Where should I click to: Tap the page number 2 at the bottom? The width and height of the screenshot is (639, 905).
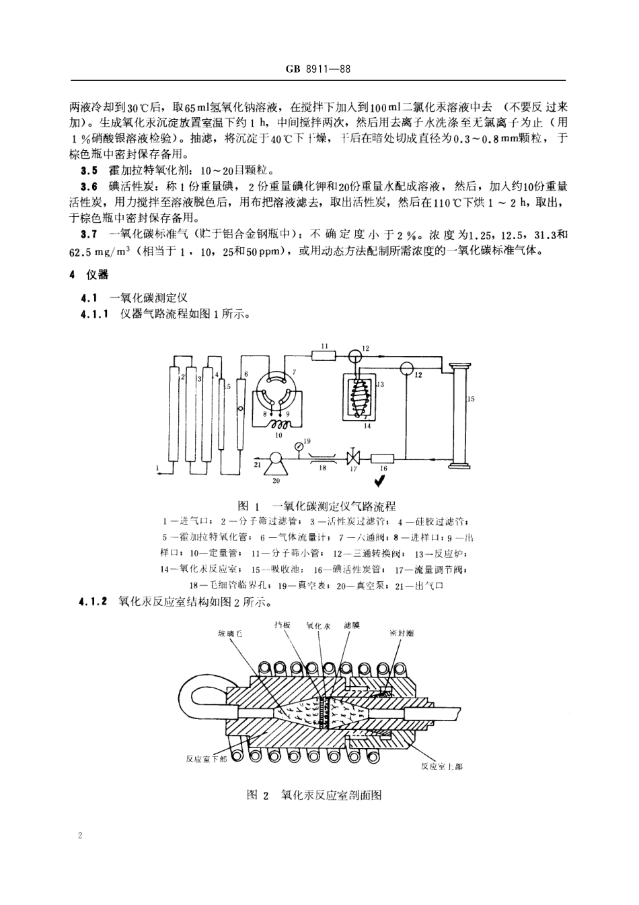point(81,836)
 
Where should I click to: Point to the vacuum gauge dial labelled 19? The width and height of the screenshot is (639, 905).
point(299,444)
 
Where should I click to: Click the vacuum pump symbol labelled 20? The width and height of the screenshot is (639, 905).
point(274,460)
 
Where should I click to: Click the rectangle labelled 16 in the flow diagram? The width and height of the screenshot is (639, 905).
point(383,459)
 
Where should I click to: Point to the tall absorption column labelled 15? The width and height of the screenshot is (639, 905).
point(461,414)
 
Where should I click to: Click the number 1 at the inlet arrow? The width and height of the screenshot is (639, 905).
point(157,466)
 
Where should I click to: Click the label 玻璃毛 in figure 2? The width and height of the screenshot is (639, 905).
point(227,633)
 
